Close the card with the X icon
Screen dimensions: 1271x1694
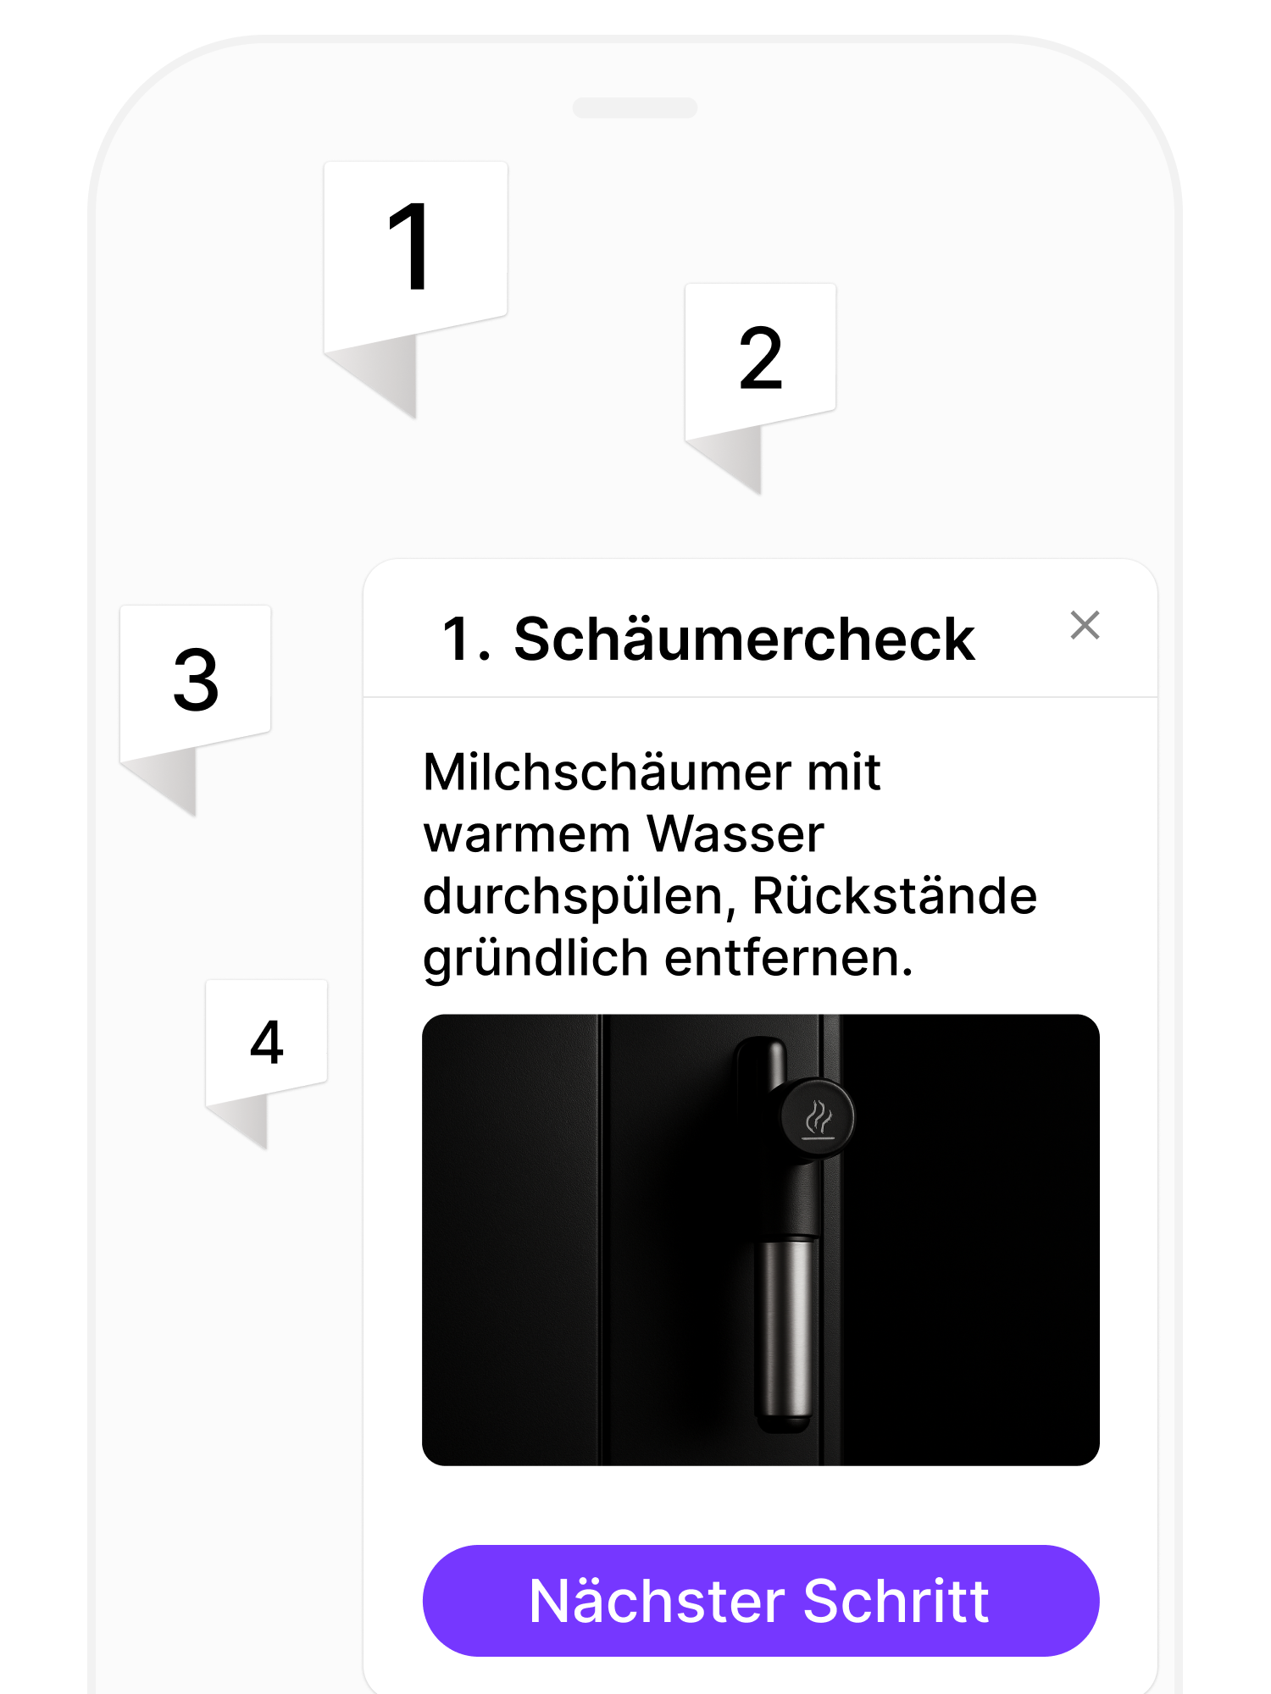coord(1085,626)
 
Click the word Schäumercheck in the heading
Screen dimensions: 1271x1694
coord(744,639)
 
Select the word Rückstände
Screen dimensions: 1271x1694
coord(894,896)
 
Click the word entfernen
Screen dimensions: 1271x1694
coord(788,959)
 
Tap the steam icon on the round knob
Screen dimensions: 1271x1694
coord(819,1118)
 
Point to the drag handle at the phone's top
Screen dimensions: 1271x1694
coord(635,108)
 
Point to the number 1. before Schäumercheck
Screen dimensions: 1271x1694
coord(466,639)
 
